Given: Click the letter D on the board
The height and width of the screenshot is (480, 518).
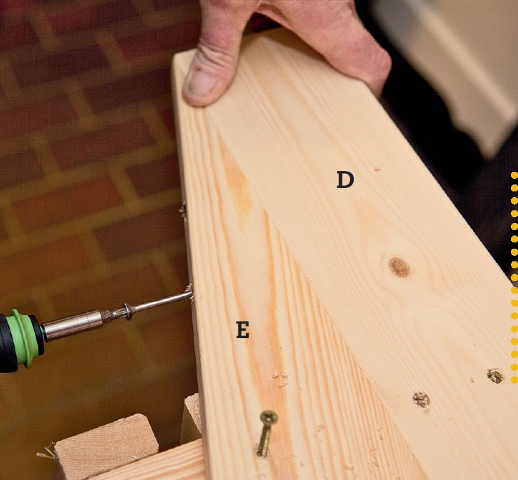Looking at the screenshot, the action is pyautogui.click(x=345, y=180).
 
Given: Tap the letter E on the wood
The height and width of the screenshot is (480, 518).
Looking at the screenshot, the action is pyautogui.click(x=243, y=330).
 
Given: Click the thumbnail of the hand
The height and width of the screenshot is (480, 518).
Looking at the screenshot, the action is pyautogui.click(x=201, y=82).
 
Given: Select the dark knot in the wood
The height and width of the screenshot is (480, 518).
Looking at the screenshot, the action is pyautogui.click(x=399, y=267).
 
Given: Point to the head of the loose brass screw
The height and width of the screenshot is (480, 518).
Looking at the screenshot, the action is pyautogui.click(x=269, y=417).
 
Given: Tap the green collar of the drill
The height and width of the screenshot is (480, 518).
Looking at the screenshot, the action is pyautogui.click(x=24, y=338).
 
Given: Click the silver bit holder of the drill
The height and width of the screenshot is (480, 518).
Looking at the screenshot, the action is pyautogui.click(x=73, y=326).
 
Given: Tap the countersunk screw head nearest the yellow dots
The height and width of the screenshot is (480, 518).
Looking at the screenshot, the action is pyautogui.click(x=495, y=376).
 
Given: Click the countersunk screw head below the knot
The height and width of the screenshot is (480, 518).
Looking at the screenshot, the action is pyautogui.click(x=422, y=400).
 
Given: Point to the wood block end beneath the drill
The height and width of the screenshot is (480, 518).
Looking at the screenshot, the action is pyautogui.click(x=106, y=442).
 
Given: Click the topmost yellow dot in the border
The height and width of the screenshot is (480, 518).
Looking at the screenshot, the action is pyautogui.click(x=515, y=175).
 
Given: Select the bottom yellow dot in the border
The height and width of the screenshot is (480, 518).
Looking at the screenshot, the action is pyautogui.click(x=515, y=380).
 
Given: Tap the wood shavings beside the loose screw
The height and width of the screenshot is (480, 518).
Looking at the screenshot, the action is pyautogui.click(x=280, y=379).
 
